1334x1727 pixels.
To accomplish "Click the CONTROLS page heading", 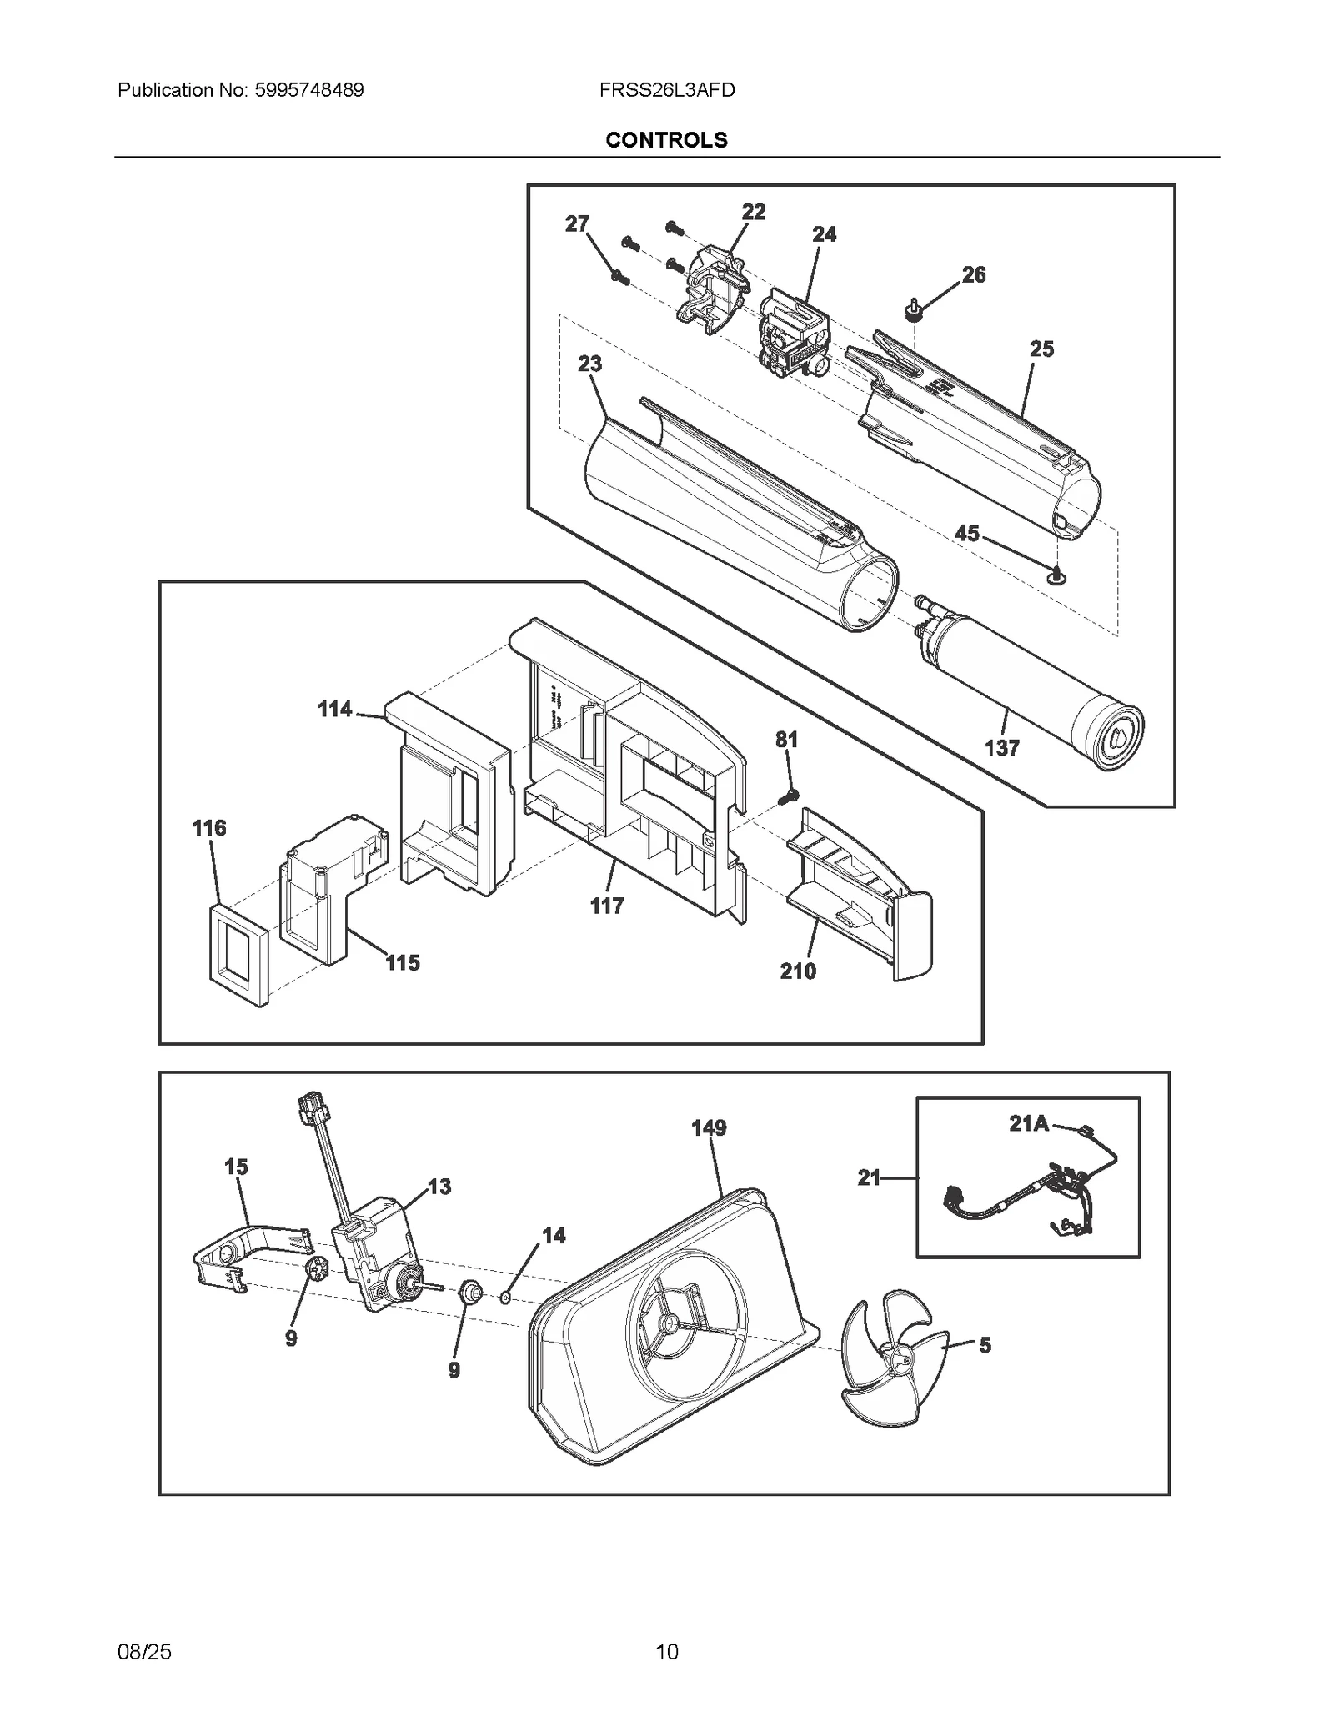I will pyautogui.click(x=666, y=140).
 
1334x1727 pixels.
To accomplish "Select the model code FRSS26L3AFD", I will pyautogui.click(x=666, y=90).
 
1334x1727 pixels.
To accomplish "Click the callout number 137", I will pyautogui.click(x=1001, y=748).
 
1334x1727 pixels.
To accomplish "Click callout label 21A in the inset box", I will pyautogui.click(x=1029, y=1124).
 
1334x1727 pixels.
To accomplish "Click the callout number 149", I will pyautogui.click(x=709, y=1128).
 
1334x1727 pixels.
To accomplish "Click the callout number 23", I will pyautogui.click(x=589, y=364).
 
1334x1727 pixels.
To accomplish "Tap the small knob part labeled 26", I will pyautogui.click(x=915, y=311).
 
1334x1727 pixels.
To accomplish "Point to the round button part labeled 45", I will pyautogui.click(x=1058, y=575).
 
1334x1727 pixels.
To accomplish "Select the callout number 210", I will pyautogui.click(x=798, y=971).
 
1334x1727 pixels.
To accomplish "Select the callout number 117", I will pyautogui.click(x=606, y=906).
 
